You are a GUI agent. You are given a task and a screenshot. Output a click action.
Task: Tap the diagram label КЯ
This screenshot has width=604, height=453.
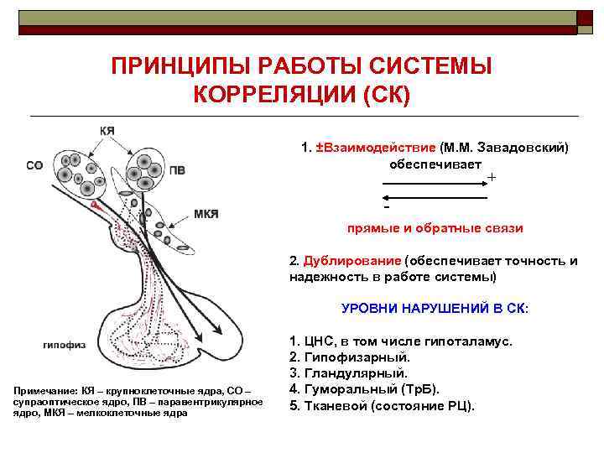(108, 131)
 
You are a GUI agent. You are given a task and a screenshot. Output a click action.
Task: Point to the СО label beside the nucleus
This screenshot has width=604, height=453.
(34, 165)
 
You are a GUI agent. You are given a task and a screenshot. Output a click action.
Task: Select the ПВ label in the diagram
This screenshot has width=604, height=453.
(177, 170)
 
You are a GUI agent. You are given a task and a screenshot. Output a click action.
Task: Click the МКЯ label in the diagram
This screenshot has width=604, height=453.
(206, 214)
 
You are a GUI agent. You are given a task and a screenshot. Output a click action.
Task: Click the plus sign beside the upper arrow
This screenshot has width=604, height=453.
(492, 178)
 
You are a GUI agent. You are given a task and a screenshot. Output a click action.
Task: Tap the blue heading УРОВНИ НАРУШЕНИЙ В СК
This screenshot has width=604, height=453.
(435, 308)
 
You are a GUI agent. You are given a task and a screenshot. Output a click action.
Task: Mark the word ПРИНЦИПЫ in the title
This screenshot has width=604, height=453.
(177, 66)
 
